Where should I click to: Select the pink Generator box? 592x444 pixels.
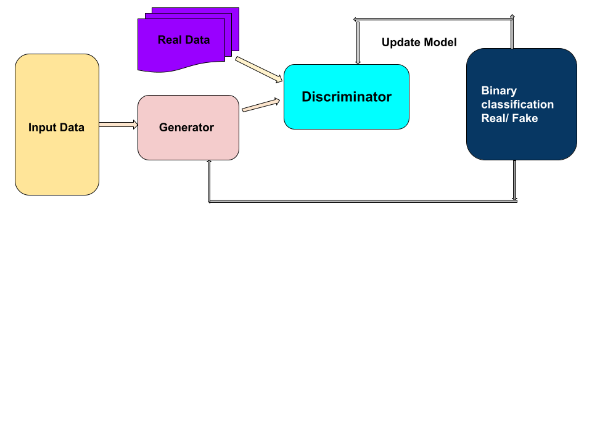pyautogui.click(x=188, y=142)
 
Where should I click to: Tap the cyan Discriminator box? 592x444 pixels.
pyautogui.click(x=346, y=114)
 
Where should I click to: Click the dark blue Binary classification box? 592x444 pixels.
pyautogui.click(x=521, y=139)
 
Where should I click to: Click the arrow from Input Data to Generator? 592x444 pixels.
pyautogui.click(x=117, y=125)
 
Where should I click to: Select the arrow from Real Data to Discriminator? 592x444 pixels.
pyautogui.click(x=258, y=69)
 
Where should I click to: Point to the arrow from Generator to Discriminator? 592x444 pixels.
pyautogui.click(x=260, y=105)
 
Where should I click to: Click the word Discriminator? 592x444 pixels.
pyautogui.click(x=346, y=97)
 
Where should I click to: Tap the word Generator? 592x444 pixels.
pyautogui.click(x=186, y=128)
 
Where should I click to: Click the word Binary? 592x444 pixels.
pyautogui.click(x=499, y=91)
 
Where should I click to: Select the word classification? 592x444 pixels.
pyautogui.click(x=517, y=104)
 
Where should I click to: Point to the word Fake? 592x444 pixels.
pyautogui.click(x=524, y=118)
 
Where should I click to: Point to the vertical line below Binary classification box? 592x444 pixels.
pyautogui.click(x=514, y=180)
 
